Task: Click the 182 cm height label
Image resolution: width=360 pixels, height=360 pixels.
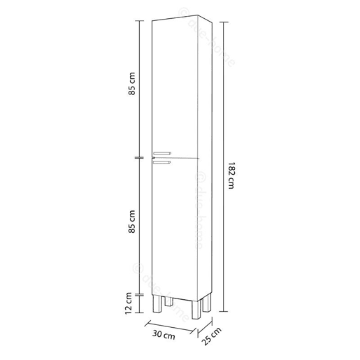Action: click(231, 175)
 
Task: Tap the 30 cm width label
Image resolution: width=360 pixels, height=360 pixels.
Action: click(164, 335)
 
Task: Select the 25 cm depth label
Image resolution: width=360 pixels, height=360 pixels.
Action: click(212, 336)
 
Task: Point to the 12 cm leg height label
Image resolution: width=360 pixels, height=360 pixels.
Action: click(129, 303)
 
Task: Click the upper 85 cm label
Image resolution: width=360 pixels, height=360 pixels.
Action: click(132, 84)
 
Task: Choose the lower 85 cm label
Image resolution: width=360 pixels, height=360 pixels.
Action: click(132, 222)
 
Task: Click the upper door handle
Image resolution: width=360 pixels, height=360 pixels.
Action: click(162, 153)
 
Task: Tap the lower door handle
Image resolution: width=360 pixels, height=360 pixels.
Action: click(162, 162)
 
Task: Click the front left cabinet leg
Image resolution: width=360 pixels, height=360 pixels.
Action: click(157, 304)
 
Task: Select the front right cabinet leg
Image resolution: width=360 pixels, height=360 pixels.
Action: click(196, 310)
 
